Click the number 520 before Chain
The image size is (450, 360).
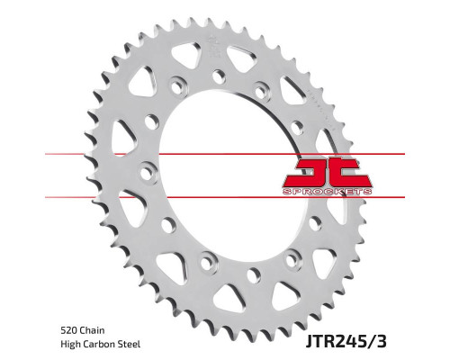(x=67, y=330)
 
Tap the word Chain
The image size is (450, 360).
(x=91, y=330)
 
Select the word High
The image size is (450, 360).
(x=70, y=344)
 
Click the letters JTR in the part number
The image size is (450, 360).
(x=319, y=341)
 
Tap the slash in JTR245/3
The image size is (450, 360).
(x=370, y=341)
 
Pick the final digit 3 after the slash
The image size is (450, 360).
(x=382, y=341)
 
